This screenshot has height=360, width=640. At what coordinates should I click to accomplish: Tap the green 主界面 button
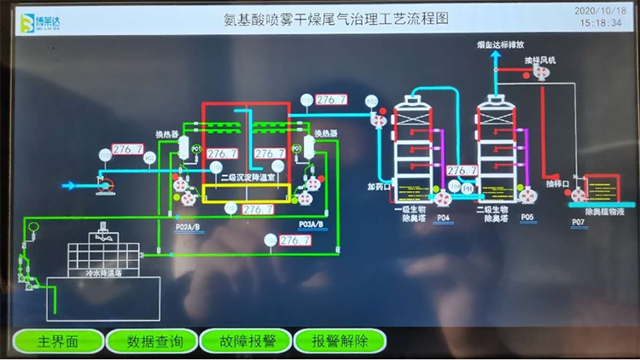coord(57,341)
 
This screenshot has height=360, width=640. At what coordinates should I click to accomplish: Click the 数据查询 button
coord(154,341)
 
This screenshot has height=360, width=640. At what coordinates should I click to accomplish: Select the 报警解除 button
coord(339,341)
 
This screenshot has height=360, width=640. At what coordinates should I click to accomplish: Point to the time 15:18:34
coord(599,24)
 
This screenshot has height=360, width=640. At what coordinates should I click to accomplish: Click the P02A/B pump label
coord(187,227)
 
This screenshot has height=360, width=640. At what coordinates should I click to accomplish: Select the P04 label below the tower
coord(442,218)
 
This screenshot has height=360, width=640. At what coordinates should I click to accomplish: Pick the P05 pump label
coord(527,218)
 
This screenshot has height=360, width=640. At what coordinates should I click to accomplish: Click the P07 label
coord(578,223)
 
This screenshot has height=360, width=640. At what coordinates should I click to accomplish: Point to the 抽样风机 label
coord(539,61)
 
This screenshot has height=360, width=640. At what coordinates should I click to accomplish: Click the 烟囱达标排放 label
coord(503,44)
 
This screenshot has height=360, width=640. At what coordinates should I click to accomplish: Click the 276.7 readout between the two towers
coord(462,171)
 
